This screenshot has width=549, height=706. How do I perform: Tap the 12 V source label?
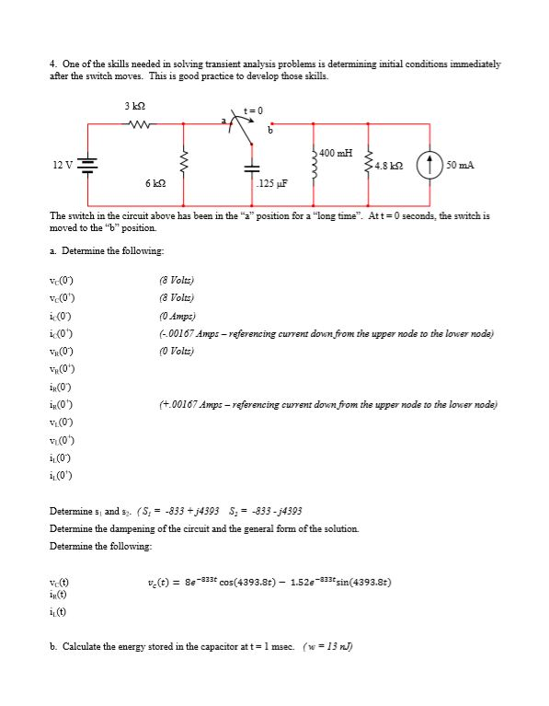pyautogui.click(x=63, y=166)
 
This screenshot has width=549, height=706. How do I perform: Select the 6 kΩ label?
pyautogui.click(x=154, y=184)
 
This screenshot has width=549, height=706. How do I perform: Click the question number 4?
pyautogui.click(x=52, y=64)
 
